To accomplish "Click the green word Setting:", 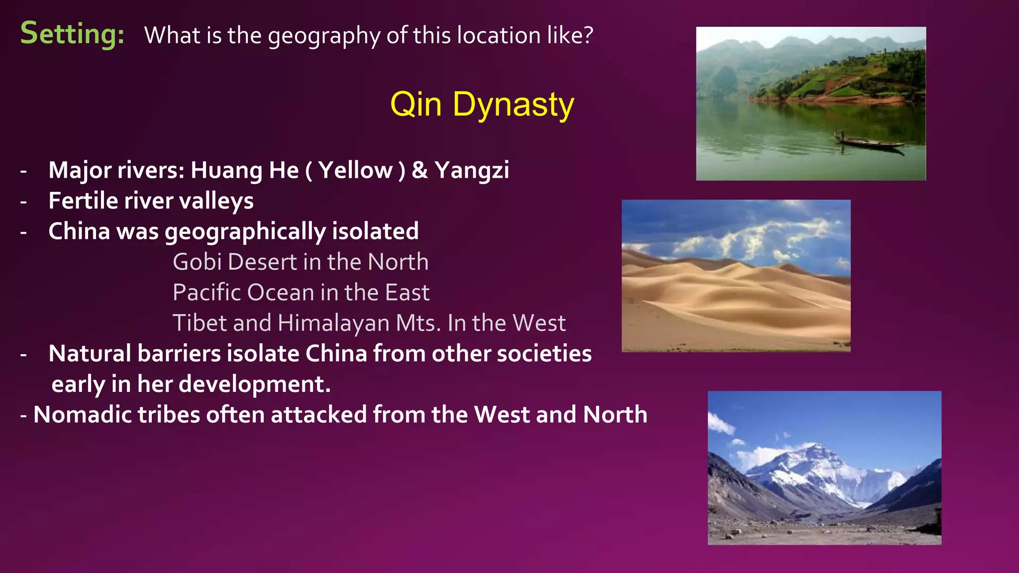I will pyautogui.click(x=72, y=34).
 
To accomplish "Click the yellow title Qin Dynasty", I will pyautogui.click(x=482, y=104).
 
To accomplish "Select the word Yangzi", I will pyautogui.click(x=472, y=170).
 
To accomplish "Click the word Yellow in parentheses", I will pyautogui.click(x=355, y=170).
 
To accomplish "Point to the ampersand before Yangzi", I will pyautogui.click(x=419, y=170).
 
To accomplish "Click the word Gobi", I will pyautogui.click(x=197, y=262).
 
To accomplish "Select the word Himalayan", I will pyautogui.click(x=333, y=323).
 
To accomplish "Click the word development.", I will pyautogui.click(x=254, y=384).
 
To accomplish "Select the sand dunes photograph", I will pyautogui.click(x=736, y=276).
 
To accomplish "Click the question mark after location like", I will pyautogui.click(x=588, y=35).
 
